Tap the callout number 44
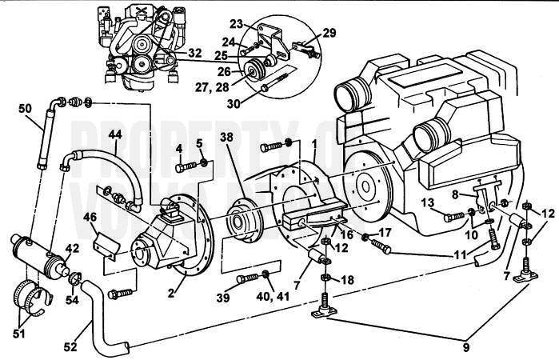point(114,136)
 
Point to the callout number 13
point(428,202)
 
